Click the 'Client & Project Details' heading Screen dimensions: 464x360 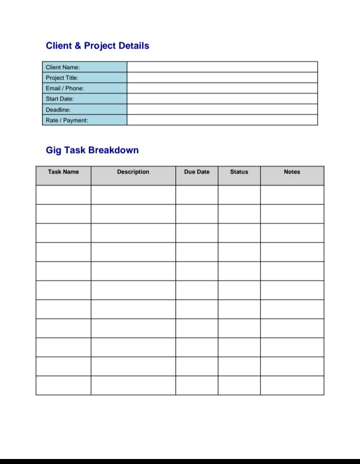(97, 46)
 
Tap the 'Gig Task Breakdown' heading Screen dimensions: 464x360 (92, 150)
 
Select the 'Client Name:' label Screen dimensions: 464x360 (62, 67)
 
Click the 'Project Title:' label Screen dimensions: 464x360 (62, 78)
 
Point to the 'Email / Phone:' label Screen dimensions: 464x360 (65, 88)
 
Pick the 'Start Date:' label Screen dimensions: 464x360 (59, 99)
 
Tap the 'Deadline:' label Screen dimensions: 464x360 (58, 109)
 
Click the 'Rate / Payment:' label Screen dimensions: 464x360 (66, 120)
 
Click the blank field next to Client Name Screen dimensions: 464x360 (222, 67)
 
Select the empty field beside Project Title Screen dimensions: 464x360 (222, 77)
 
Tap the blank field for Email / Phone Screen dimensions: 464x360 (222, 88)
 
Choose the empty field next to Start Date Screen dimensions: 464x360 (222, 98)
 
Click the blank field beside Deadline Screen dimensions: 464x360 (222, 109)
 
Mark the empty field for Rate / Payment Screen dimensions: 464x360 (222, 119)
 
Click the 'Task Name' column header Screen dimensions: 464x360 (63, 172)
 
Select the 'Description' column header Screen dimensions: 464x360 (133, 172)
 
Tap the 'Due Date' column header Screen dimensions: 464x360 (196, 172)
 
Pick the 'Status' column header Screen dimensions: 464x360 (239, 172)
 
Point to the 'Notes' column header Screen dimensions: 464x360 (292, 172)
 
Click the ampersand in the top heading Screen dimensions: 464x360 (78, 46)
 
